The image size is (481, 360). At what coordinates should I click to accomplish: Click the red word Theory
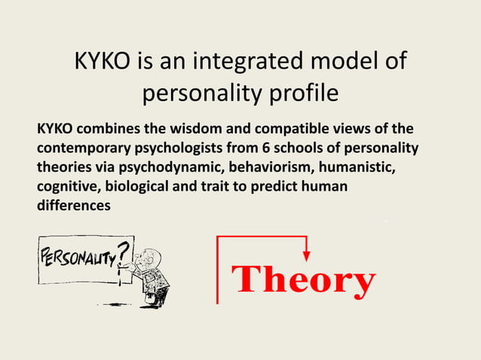(305, 280)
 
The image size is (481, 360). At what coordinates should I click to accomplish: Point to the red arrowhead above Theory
(306, 256)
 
